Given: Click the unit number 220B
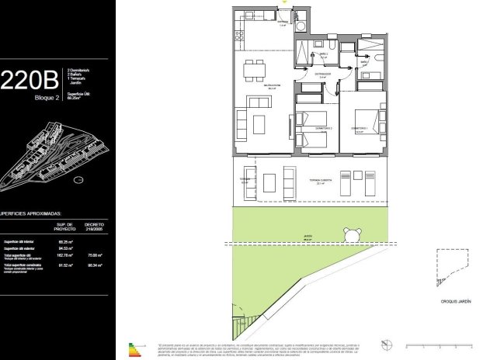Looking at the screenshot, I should click(29, 80).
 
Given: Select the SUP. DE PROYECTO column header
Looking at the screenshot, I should click(64, 226).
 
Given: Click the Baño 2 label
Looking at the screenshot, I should click(322, 54).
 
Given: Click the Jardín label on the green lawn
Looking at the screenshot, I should click(307, 240).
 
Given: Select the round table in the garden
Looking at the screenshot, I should click(351, 234).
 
